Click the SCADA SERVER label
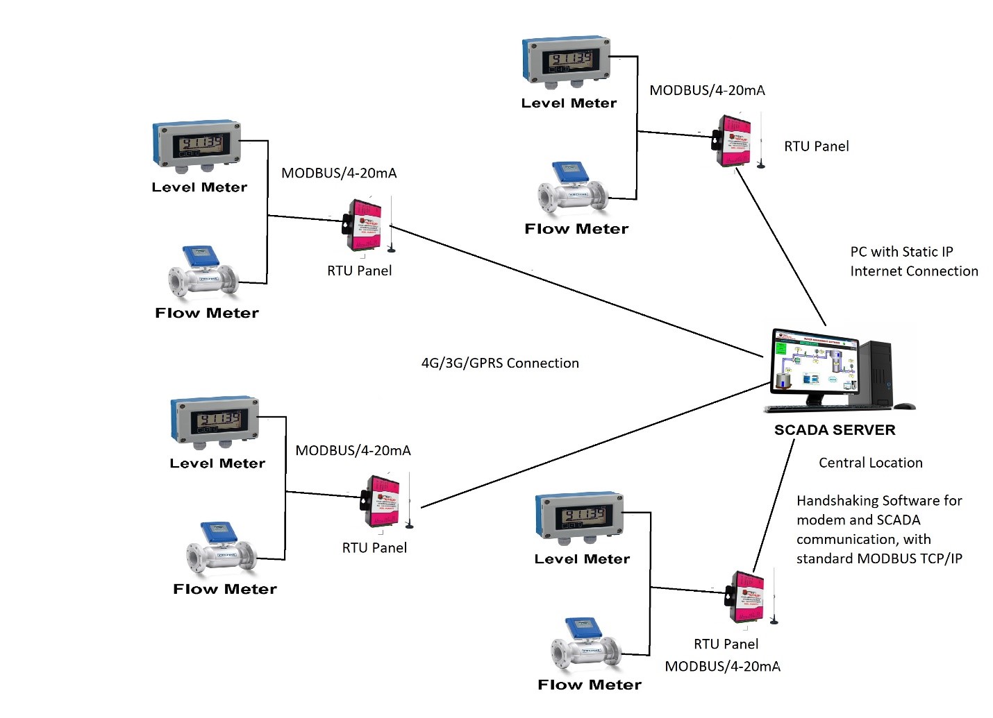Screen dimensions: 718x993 [x=835, y=430]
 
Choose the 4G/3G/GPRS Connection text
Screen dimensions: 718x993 [x=500, y=363]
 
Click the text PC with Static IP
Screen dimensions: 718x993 [x=901, y=252]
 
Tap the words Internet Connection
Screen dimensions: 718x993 [x=914, y=271]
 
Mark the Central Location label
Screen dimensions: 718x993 [x=870, y=463]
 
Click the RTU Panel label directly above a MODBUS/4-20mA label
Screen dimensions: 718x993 [x=726, y=644]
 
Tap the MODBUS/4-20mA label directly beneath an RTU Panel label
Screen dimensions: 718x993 [x=722, y=666]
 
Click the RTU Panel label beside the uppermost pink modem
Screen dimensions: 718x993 [x=816, y=146]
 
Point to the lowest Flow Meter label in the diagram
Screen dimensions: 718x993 [x=589, y=685]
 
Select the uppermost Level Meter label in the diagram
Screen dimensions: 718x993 [x=569, y=103]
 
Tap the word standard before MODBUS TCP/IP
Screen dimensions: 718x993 [x=825, y=558]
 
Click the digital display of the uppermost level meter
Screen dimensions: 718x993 [x=568, y=60]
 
